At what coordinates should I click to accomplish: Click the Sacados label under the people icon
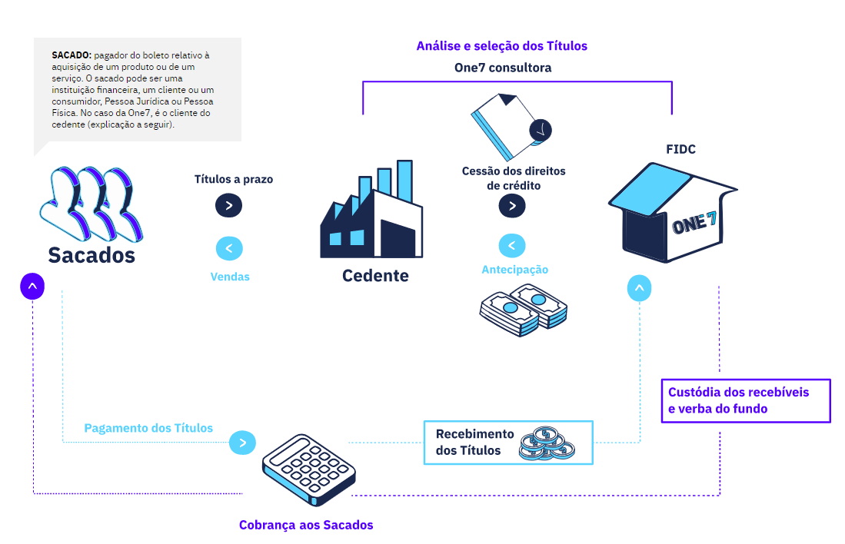pos(91,255)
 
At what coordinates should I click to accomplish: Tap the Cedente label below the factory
pos(375,275)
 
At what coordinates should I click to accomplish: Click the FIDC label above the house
pos(680,149)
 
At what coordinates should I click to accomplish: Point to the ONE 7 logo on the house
pos(694,223)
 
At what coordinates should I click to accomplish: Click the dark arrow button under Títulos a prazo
pos(229,205)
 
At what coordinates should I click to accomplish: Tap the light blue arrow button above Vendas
pos(229,248)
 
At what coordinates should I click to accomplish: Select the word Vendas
pos(230,277)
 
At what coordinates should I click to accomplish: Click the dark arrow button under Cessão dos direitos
pos(512,206)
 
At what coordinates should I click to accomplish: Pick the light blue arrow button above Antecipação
pos(512,245)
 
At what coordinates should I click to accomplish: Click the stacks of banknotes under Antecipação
pos(523,310)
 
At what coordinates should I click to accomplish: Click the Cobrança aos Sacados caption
pos(306,526)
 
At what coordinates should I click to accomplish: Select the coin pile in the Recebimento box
pos(546,443)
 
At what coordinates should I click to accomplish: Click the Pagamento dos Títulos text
pos(148,428)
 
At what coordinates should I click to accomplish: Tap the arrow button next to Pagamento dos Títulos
pos(242,443)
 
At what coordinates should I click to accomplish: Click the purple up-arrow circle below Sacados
pos(32,287)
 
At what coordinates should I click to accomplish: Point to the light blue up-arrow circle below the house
pos(640,289)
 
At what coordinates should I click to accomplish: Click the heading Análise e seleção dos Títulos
pos(501,46)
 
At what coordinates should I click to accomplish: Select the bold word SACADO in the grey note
pos(72,55)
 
